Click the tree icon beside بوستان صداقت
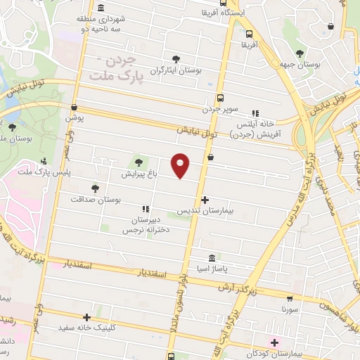pyautogui.click(x=95, y=188)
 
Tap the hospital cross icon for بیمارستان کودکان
pyautogui.click(x=256, y=342)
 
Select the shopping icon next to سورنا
pyautogui.click(x=292, y=298)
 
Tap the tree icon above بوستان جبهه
pyautogui.click(x=300, y=53)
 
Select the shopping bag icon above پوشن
pyautogui.click(x=75, y=107)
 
